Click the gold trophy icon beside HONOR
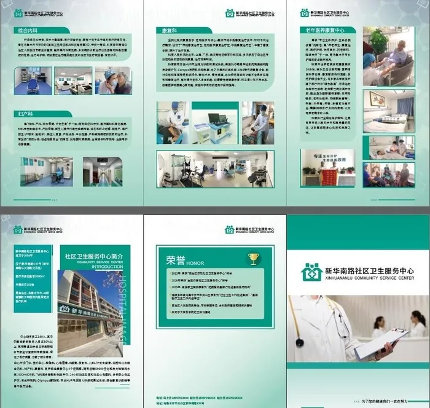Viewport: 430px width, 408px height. pos(253,258)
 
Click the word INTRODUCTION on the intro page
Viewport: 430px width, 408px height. pos(103,267)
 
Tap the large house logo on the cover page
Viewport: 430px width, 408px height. pos(311,273)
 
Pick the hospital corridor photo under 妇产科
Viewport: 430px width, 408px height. pos(103,171)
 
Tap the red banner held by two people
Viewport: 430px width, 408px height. pos(330,176)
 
